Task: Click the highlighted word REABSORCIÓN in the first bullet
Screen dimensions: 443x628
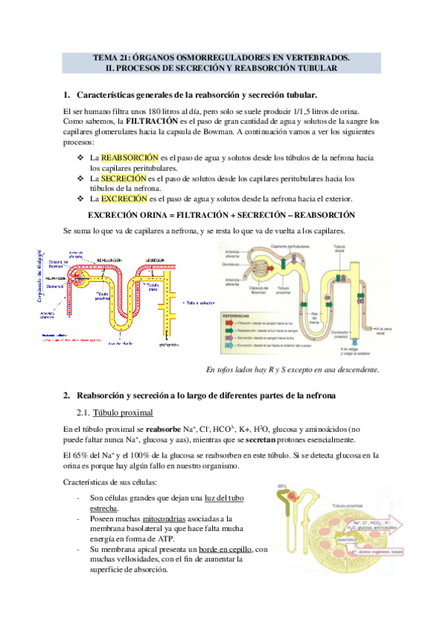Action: point(130,158)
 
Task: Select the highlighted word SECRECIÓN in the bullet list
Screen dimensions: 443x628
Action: point(124,178)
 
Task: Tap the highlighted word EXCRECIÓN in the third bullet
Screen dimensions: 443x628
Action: point(124,199)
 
